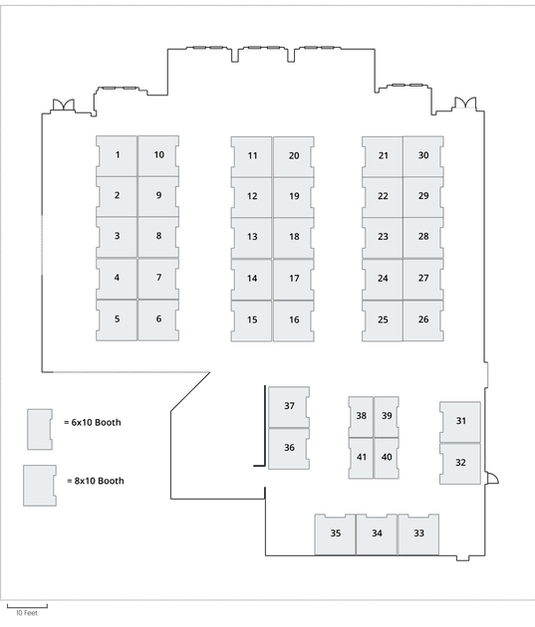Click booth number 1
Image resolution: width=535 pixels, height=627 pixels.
tap(117, 156)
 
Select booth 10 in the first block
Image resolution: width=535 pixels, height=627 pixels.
tap(158, 156)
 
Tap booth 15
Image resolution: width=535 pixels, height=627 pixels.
tap(251, 320)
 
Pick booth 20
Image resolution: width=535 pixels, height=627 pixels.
tap(294, 157)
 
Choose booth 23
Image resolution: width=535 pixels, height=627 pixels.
tap(383, 238)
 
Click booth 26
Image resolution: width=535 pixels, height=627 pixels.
tap(423, 320)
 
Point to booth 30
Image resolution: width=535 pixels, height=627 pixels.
tap(423, 157)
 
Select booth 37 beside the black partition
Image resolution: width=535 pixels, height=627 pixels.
tap(289, 407)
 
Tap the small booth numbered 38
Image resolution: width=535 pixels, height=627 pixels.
tap(361, 417)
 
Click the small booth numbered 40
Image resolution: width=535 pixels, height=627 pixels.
tap(387, 458)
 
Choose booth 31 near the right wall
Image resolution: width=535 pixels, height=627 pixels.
tap(460, 422)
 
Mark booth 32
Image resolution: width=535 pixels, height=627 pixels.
tap(460, 464)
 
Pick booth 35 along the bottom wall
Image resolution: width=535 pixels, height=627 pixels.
tap(335, 534)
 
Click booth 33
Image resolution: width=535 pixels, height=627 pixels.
tap(418, 534)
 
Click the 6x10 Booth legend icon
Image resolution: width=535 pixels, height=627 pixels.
tap(40, 429)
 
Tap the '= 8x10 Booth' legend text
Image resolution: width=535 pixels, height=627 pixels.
tap(96, 481)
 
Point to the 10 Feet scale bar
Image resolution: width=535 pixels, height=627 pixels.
tap(27, 607)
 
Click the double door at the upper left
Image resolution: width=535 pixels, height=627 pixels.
tap(64, 105)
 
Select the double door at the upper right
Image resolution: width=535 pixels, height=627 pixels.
tap(465, 103)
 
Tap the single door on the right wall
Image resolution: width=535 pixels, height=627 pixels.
tap(492, 478)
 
